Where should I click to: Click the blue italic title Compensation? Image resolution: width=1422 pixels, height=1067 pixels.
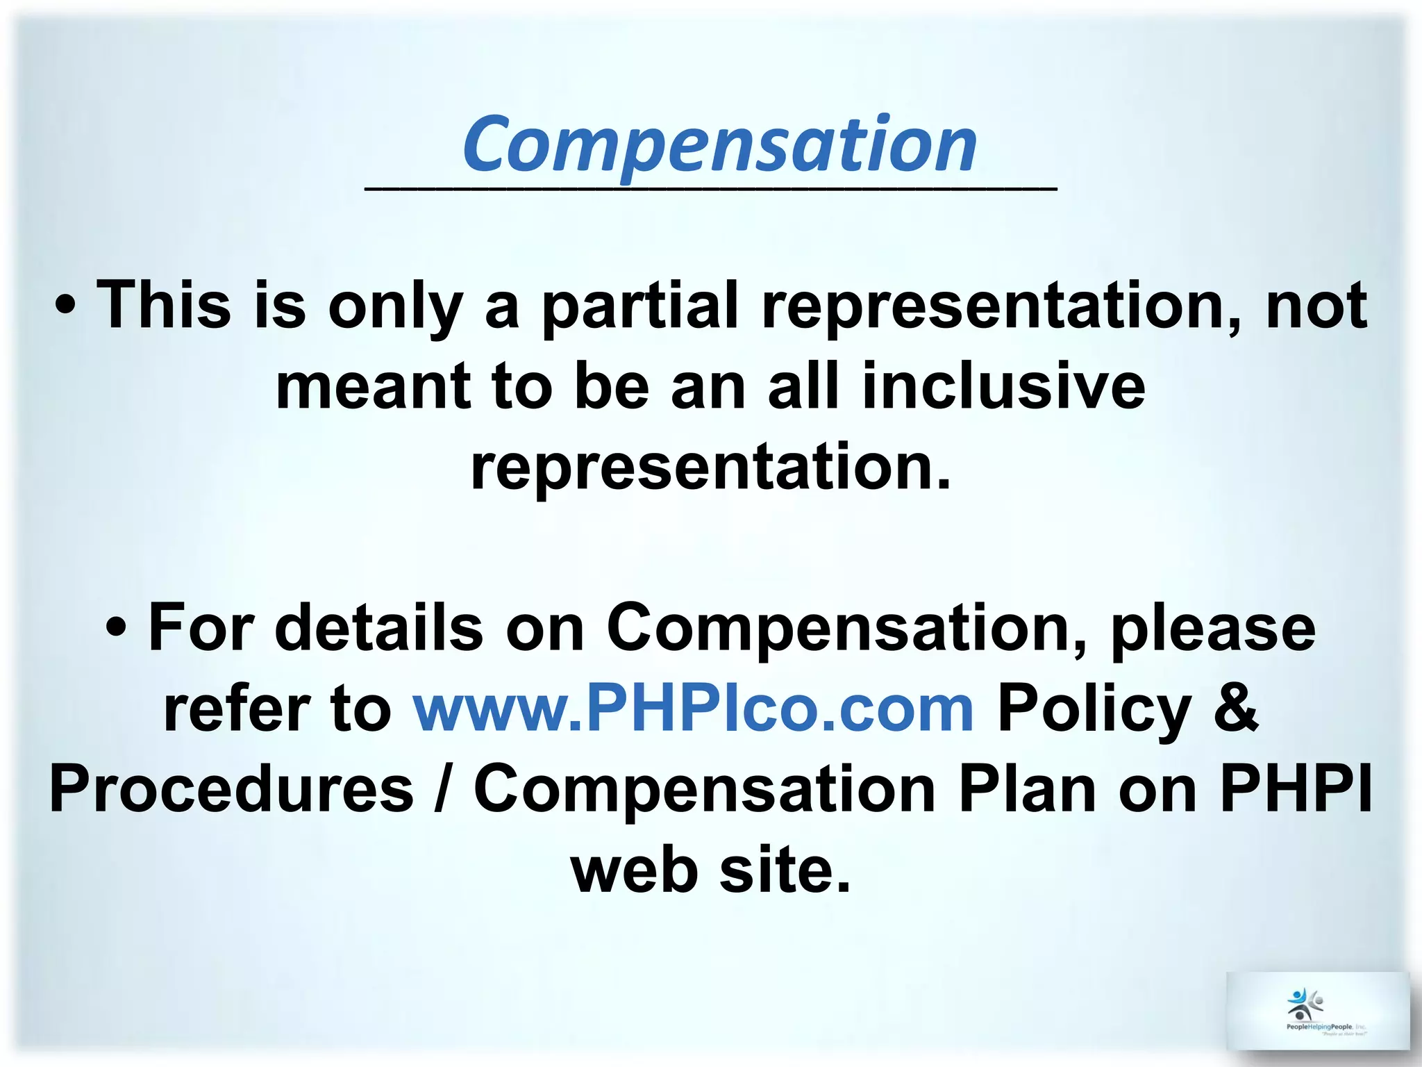[x=720, y=144]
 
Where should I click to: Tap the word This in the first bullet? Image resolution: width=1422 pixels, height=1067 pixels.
[x=164, y=306]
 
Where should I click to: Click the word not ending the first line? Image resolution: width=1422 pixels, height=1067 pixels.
[x=1316, y=306]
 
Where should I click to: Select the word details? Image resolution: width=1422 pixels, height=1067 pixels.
[x=379, y=628]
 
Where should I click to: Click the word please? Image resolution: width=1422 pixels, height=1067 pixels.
[x=1213, y=629]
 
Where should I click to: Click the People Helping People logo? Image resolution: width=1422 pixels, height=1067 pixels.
[x=1317, y=1011]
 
